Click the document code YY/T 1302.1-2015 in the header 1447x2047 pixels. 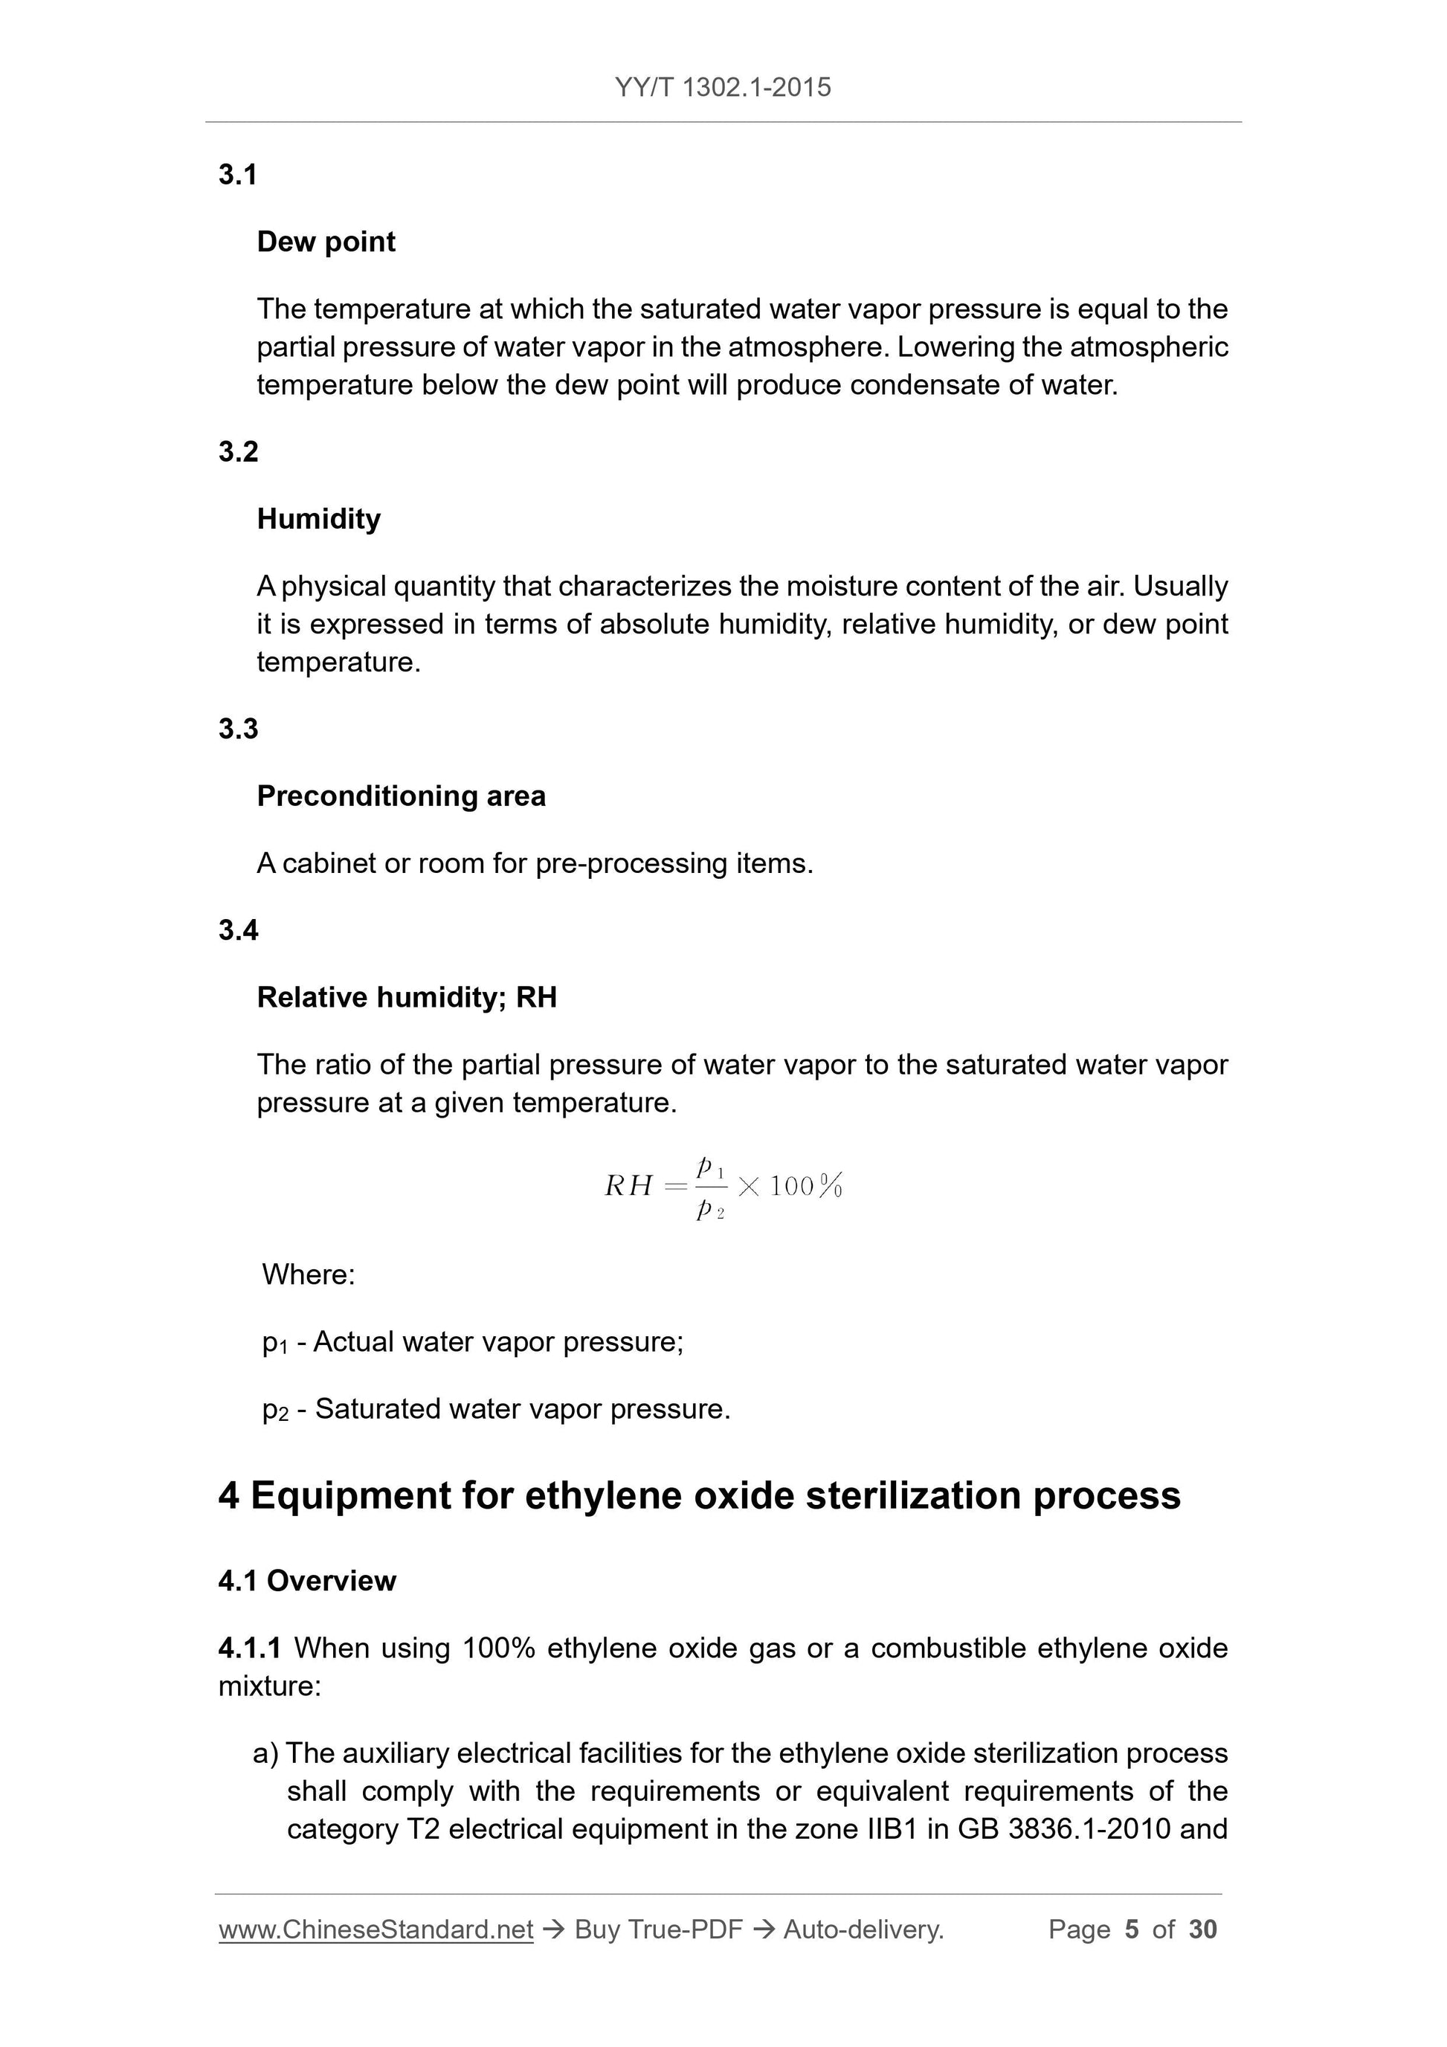[722, 88]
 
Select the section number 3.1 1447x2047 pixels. [238, 175]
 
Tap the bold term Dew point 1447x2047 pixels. [326, 242]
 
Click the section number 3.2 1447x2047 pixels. [238, 452]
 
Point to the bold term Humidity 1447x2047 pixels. [318, 519]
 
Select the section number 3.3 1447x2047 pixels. [238, 729]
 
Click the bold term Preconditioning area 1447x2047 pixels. [402, 796]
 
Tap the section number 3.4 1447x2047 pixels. [238, 931]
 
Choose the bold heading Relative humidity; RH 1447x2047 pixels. [407, 998]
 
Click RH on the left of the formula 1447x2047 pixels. [628, 1186]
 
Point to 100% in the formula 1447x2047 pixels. [806, 1187]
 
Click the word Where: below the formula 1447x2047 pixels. [309, 1275]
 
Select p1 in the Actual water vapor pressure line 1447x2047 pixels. [274, 1343]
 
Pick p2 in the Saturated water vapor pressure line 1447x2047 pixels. [275, 1410]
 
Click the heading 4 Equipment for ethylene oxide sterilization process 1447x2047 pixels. [699, 1496]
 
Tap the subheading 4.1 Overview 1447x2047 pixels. [306, 1582]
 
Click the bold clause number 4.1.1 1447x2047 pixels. [250, 1648]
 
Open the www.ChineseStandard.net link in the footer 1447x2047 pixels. [376, 1930]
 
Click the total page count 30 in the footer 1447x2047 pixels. [1202, 1930]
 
